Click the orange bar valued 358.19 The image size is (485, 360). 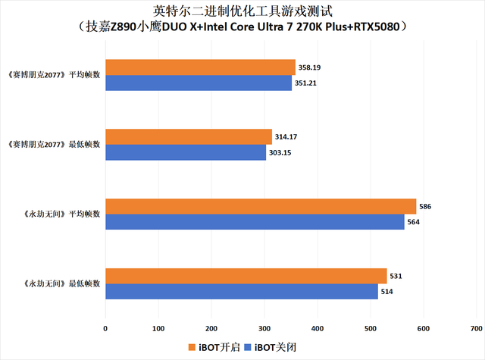200,67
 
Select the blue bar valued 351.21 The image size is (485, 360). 199,83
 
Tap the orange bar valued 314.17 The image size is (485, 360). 189,136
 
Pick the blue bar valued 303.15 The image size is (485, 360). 186,152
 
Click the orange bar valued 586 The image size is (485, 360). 261,206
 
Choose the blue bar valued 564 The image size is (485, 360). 255,221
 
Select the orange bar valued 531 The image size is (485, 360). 246,276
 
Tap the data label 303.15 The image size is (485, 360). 282,152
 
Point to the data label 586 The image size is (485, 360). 426,206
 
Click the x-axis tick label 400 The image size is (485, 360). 318,329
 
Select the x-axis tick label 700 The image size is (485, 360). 476,329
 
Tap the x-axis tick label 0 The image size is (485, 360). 105,329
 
